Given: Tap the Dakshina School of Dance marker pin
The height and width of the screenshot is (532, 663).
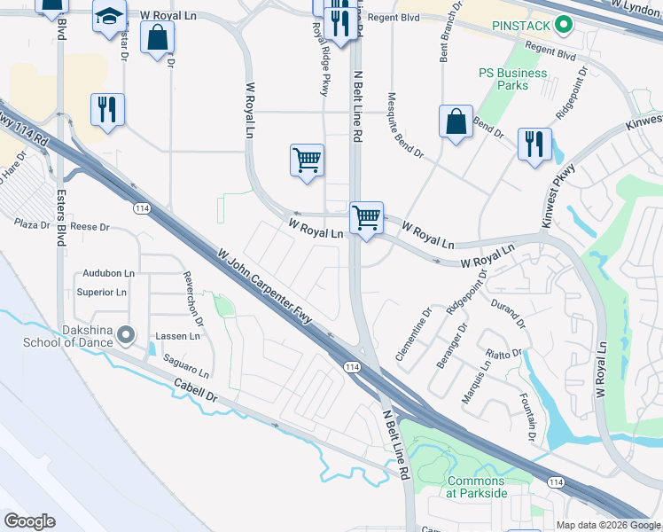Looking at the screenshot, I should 126,335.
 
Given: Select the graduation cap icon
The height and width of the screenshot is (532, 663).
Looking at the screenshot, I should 110,18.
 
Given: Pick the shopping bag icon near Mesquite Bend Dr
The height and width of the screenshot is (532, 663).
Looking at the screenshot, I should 456,122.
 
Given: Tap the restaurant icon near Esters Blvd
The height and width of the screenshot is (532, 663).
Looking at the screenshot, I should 106,109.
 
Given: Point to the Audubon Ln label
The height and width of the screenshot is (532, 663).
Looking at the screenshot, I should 109,273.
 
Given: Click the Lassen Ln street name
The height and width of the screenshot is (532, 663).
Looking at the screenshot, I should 177,336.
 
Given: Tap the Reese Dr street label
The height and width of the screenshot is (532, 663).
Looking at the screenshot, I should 90,227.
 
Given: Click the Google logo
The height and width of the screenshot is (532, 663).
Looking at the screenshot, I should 30,521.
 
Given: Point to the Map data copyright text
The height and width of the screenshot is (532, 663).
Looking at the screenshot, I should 608,525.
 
